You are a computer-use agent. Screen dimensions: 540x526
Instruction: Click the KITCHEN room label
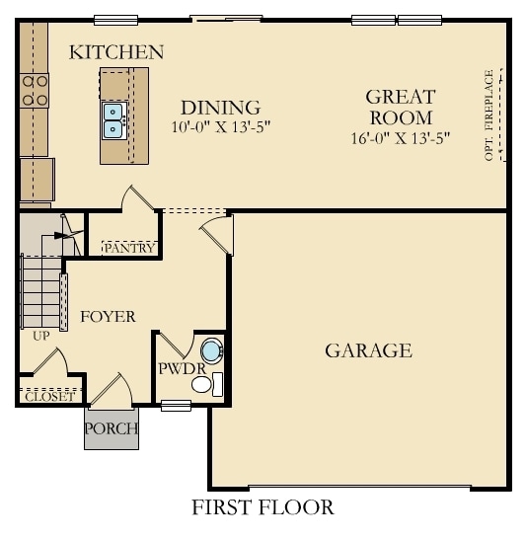[x=116, y=52]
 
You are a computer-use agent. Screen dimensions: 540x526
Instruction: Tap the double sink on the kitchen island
[x=113, y=118]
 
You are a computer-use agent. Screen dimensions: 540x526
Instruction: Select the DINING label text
[x=220, y=108]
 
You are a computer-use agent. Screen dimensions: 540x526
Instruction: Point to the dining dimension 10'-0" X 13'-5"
[x=220, y=126]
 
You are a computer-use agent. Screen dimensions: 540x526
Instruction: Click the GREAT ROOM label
[x=400, y=108]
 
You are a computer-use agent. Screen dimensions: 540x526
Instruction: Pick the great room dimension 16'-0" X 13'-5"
[x=400, y=138]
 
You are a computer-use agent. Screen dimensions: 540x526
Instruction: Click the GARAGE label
[x=368, y=350]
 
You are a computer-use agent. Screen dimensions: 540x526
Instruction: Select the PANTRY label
[x=129, y=248]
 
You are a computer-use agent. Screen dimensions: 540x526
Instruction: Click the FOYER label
[x=108, y=316]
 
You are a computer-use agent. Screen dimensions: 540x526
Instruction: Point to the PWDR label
[x=180, y=369]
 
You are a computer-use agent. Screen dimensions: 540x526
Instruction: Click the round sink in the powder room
[x=211, y=350]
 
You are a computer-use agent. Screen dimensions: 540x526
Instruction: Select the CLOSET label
[x=47, y=397]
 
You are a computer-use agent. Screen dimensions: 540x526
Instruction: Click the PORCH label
[x=111, y=428]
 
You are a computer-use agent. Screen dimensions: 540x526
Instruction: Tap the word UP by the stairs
[x=40, y=336]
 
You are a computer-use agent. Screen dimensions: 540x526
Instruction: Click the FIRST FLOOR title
[x=263, y=508]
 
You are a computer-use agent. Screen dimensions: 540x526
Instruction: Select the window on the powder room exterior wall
[x=176, y=405]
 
